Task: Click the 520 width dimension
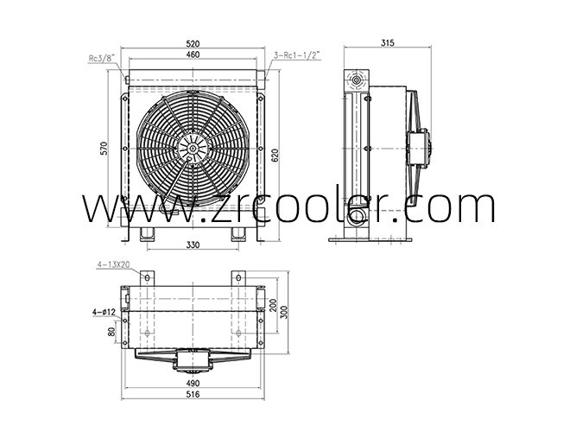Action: pos(193,44)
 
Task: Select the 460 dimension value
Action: pos(193,54)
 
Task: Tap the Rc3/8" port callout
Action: pos(102,58)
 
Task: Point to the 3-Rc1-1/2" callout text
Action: pos(297,55)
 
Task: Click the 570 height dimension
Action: pos(104,148)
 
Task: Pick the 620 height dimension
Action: pos(275,155)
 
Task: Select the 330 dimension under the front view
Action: pos(193,245)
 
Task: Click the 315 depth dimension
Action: pos(387,43)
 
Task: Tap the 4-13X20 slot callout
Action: pos(113,264)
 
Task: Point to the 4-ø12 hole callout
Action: pos(104,312)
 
